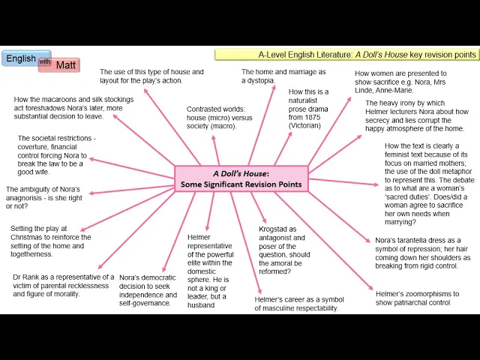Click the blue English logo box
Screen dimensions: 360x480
point(21,58)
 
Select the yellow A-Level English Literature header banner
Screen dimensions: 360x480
point(346,55)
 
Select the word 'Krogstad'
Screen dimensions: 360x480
point(275,229)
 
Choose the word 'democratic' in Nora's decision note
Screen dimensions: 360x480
point(160,277)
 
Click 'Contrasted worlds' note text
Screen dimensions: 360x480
point(220,109)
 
